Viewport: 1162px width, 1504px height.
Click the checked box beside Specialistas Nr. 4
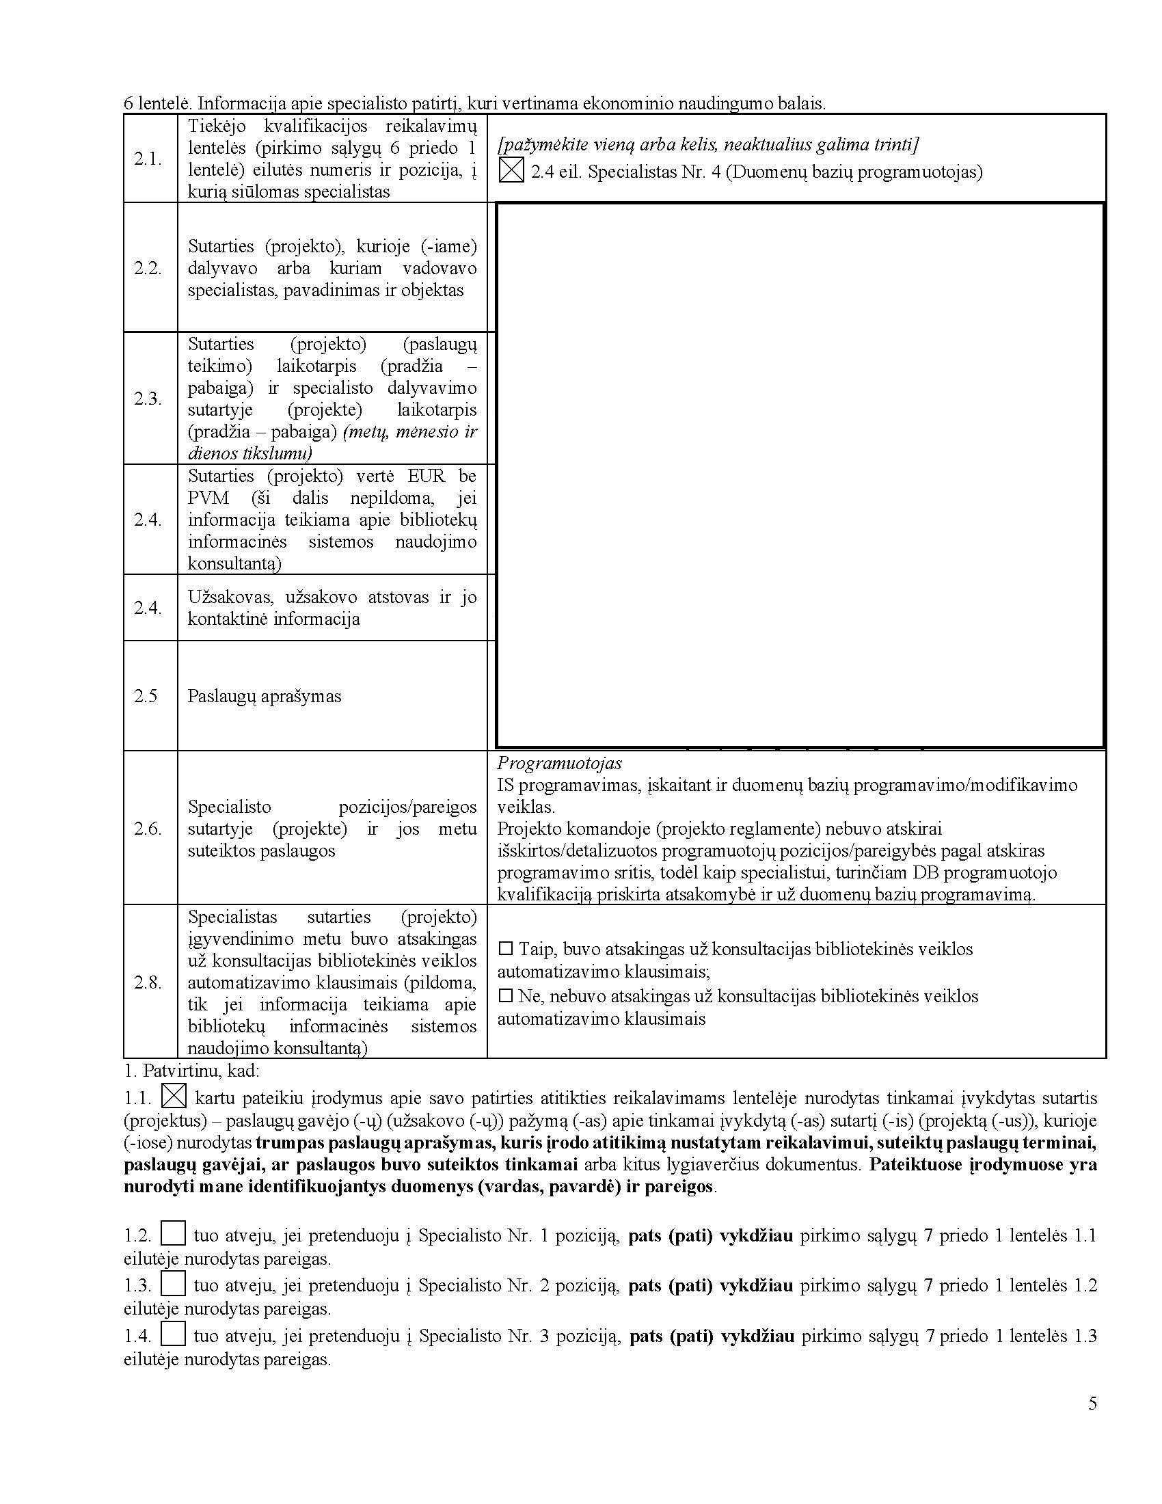click(511, 170)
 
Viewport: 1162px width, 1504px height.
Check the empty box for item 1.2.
click(174, 1233)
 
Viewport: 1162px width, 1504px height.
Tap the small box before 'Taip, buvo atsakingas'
click(506, 949)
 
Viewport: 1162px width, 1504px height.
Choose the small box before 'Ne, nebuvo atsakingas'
click(506, 996)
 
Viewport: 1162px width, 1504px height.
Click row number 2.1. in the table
click(148, 159)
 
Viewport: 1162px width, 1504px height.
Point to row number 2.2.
click(148, 268)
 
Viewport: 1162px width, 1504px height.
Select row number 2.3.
click(148, 399)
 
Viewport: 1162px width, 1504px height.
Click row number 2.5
click(146, 695)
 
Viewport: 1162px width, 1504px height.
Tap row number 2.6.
click(148, 829)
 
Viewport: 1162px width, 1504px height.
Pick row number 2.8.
click(148, 982)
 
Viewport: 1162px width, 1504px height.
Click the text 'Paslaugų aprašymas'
click(265, 696)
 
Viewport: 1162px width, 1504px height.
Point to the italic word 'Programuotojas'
click(560, 763)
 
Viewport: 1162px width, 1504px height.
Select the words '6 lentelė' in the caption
click(157, 104)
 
